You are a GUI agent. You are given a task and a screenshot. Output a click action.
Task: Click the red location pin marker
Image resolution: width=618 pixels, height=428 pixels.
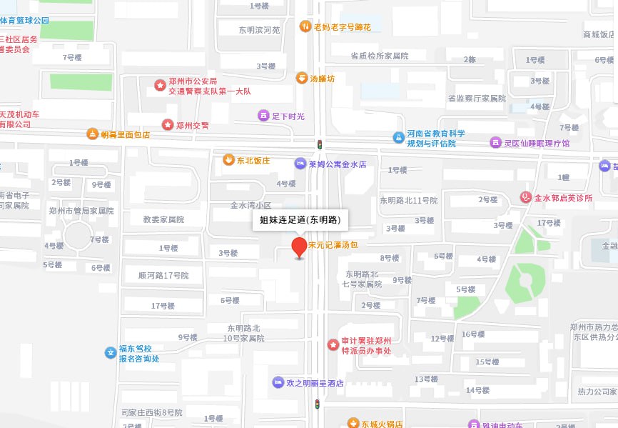300,247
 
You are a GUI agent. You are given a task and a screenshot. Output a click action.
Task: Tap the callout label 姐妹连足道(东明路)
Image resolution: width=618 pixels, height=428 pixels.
300,220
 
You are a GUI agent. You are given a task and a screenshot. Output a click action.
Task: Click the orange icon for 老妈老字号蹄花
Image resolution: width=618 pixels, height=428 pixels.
305,26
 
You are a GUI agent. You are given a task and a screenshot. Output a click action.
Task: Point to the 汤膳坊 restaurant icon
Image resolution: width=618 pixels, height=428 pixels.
303,78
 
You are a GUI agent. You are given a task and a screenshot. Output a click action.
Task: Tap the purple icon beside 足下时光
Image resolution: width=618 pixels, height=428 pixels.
263,115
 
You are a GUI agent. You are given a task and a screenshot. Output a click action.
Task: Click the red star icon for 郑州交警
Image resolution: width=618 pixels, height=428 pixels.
168,125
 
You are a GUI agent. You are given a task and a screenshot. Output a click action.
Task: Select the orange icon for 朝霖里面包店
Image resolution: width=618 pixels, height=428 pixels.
92,134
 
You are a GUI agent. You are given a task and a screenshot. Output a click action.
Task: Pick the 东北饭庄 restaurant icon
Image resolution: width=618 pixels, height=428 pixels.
228,160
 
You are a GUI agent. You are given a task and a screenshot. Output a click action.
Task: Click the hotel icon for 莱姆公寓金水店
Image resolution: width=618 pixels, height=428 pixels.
300,164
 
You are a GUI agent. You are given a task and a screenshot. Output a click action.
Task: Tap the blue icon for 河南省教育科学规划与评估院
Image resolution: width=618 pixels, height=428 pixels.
398,137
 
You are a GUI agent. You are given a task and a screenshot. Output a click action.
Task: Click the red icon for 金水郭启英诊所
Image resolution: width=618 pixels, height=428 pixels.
526,197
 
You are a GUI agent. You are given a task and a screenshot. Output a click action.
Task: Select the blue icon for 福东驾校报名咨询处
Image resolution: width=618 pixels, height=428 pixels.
110,352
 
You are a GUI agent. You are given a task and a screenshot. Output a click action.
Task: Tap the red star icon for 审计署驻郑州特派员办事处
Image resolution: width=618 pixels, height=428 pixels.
333,345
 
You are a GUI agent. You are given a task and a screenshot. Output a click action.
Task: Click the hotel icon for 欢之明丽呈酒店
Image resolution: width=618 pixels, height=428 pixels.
278,382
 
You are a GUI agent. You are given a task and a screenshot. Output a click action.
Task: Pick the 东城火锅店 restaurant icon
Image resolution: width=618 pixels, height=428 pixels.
353,423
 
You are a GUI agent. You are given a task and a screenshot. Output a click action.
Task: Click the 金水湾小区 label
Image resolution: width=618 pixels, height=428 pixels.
250,205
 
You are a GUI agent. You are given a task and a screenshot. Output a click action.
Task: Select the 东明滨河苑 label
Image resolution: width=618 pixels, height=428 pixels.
259,30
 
